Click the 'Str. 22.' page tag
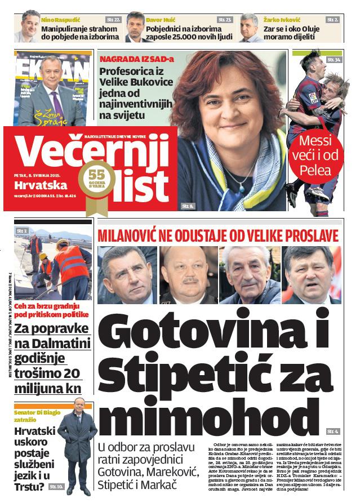coord(113,19)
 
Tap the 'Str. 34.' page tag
coord(334,59)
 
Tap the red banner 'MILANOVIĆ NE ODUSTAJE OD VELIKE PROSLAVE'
coord(219,235)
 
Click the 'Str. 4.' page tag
coord(332,431)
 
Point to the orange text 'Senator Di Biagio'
coord(37,411)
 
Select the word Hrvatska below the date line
coord(38,185)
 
